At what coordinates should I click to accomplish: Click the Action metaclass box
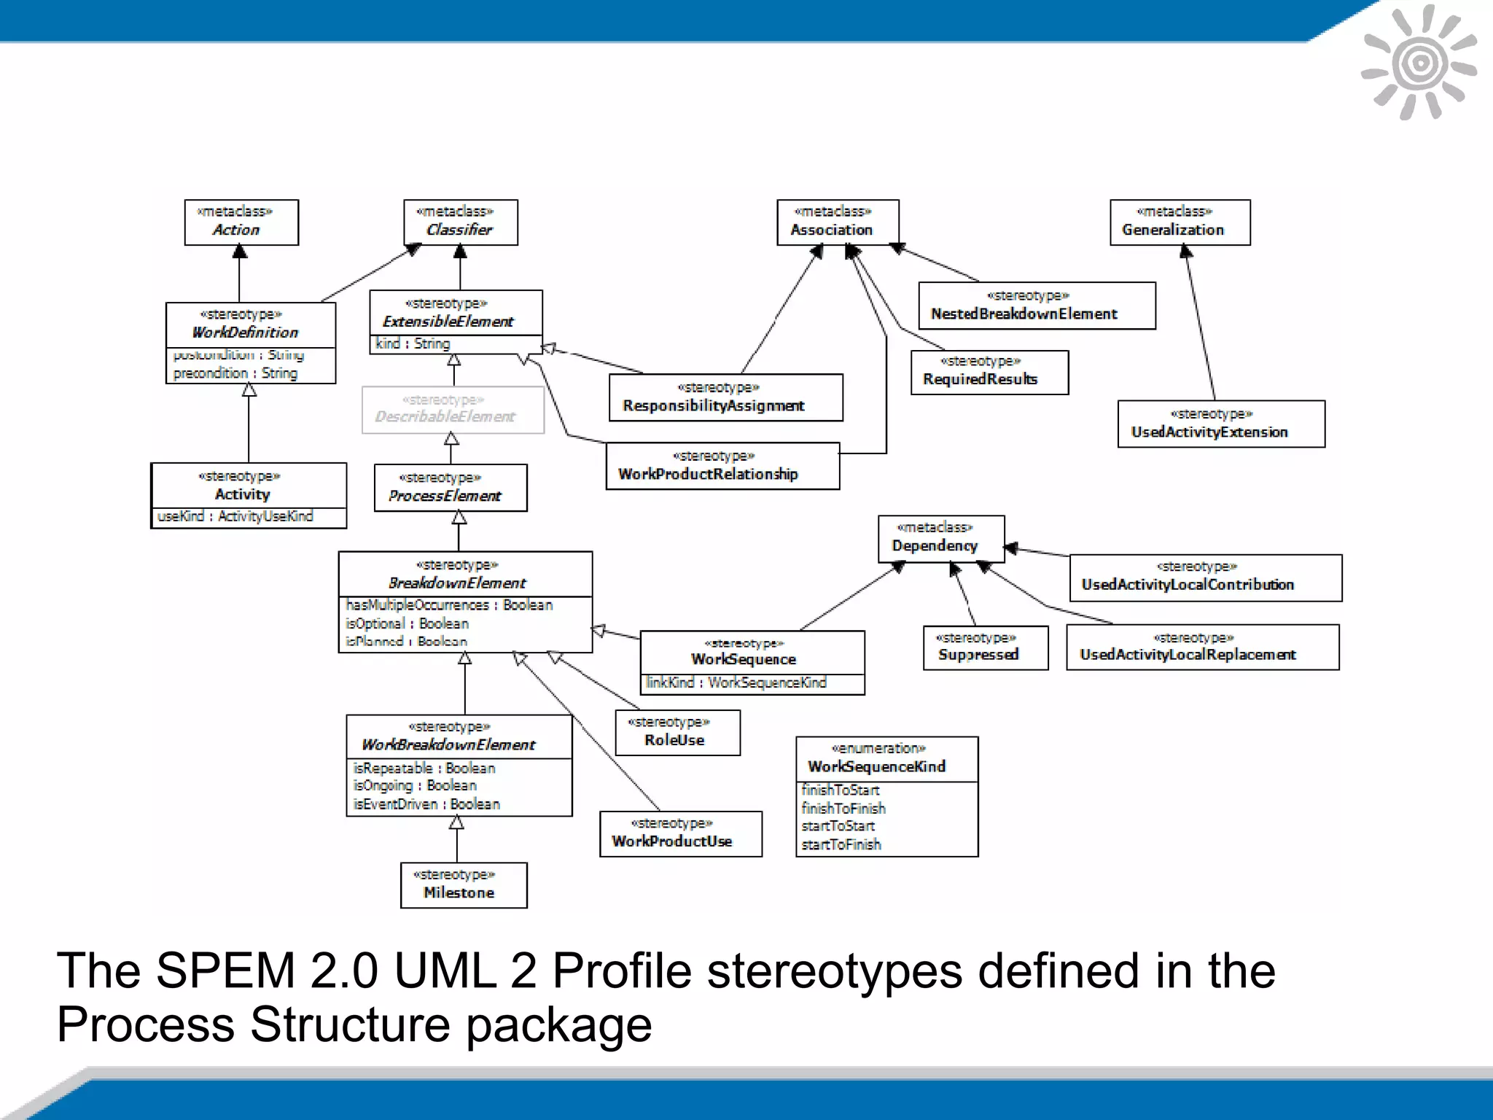241,222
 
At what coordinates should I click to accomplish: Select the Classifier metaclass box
461,222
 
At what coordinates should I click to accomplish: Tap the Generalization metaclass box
1180,222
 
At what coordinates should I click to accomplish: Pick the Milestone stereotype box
464,884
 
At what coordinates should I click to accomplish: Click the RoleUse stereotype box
677,732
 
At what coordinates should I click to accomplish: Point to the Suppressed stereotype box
985,647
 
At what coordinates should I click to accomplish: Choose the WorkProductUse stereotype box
680,833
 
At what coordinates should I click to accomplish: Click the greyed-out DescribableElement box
453,410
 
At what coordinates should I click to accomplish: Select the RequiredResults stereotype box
989,372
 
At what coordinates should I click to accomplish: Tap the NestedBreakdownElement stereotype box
1037,306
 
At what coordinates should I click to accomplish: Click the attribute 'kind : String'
413,343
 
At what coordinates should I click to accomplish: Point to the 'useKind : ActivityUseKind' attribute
235,516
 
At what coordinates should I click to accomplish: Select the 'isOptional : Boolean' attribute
407,623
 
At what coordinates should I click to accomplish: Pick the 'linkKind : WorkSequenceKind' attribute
736,682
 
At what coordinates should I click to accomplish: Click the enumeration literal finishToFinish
843,808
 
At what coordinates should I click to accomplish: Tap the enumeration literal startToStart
838,826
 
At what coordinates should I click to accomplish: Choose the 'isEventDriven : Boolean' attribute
426,804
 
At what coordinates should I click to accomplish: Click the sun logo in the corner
1419,63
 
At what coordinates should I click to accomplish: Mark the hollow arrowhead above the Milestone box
456,823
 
